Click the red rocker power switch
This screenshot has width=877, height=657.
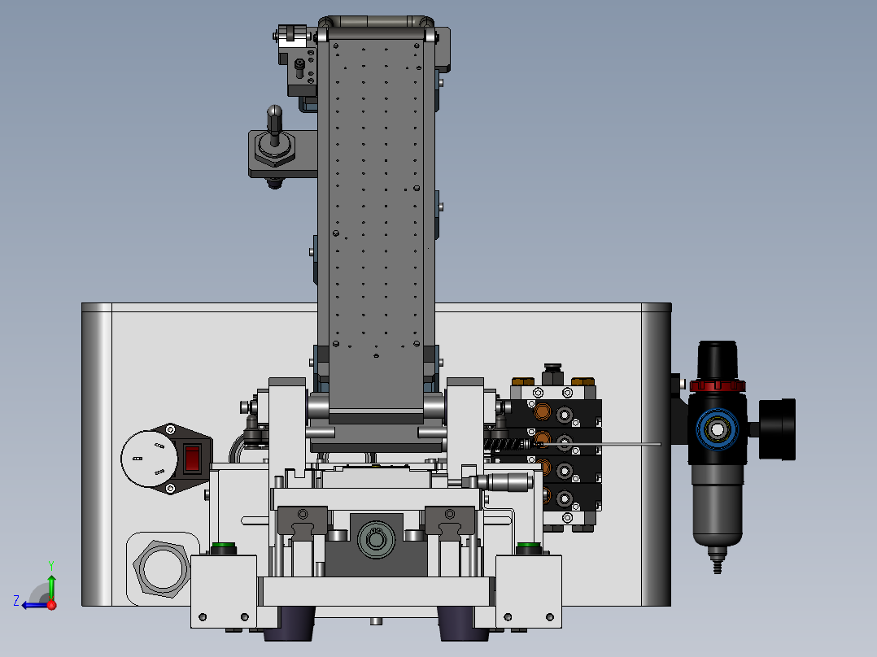pos(192,458)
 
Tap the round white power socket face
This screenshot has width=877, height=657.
pos(149,459)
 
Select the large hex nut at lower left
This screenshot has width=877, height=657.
pos(162,568)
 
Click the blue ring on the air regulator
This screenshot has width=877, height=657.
pos(717,429)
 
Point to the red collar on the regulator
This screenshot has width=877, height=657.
pos(718,385)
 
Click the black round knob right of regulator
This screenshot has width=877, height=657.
pos(778,429)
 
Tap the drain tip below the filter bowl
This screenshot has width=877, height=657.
pos(717,560)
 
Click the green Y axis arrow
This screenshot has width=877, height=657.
pos(51,581)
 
